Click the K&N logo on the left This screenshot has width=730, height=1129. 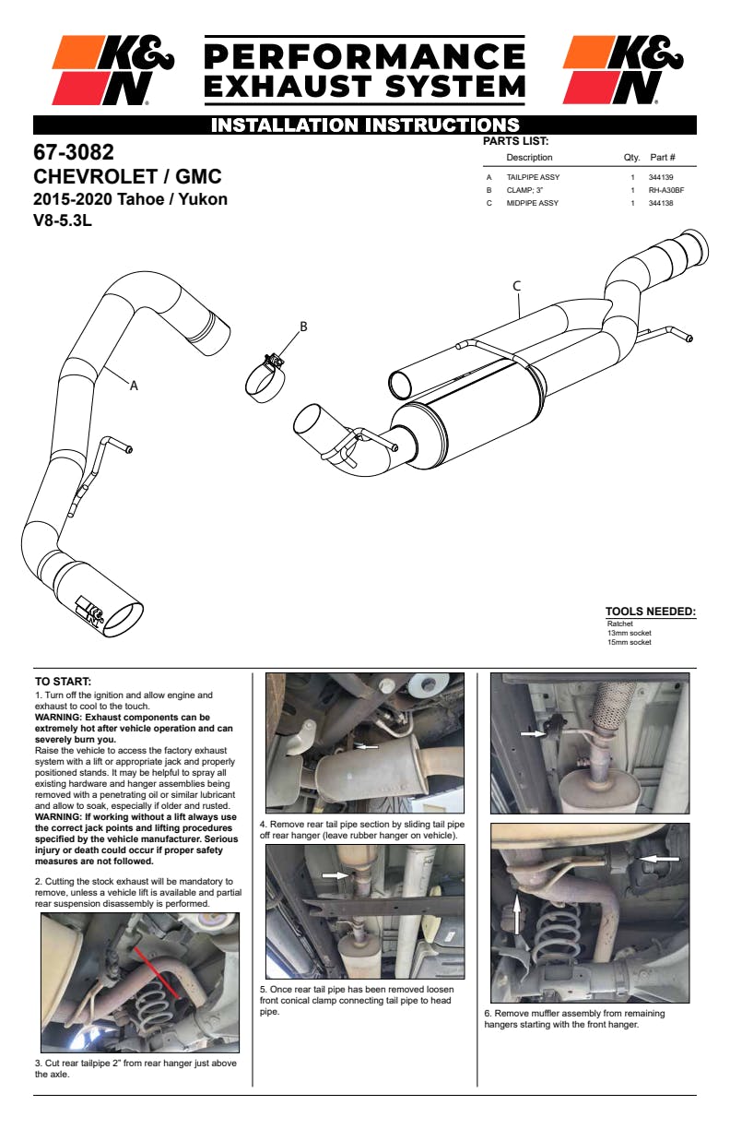112,70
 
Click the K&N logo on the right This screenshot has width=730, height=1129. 623,70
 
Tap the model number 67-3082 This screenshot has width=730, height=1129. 74,152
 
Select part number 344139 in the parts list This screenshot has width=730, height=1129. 661,177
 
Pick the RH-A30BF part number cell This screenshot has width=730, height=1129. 665,190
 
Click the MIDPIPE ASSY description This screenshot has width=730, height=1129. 533,203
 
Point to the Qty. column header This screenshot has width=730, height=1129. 631,158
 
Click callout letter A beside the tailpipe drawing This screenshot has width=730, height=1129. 134,386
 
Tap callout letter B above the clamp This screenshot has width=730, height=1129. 303,327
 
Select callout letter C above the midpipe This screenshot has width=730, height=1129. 517,286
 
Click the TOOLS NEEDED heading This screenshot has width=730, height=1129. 650,612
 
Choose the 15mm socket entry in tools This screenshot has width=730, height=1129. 629,642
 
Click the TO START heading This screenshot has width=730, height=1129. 63,682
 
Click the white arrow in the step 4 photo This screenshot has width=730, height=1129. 367,746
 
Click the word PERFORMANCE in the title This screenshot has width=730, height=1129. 363,57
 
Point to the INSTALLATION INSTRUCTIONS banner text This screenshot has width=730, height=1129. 365,125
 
